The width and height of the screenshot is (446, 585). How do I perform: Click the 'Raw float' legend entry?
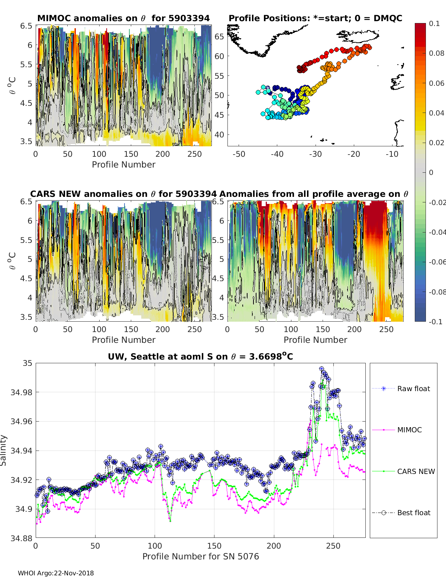(413, 389)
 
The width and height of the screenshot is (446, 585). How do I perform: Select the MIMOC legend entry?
(409, 430)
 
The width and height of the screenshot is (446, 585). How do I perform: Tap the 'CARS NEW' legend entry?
(416, 471)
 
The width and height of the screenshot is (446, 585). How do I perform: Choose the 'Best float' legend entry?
(413, 513)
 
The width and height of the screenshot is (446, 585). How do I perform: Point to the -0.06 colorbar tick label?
(437, 262)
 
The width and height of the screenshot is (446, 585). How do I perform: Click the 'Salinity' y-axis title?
(4, 450)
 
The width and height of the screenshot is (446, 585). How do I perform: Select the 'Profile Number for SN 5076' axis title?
(200, 556)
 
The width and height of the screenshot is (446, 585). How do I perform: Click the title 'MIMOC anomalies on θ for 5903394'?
(123, 18)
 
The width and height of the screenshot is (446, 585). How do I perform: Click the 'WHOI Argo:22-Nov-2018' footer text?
(56, 573)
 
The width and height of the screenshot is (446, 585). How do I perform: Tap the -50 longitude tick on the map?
(239, 154)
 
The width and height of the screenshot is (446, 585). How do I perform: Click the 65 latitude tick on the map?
(219, 36)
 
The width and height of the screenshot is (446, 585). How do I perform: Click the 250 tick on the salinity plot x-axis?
(333, 546)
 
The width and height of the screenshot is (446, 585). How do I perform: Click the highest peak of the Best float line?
(321, 368)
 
